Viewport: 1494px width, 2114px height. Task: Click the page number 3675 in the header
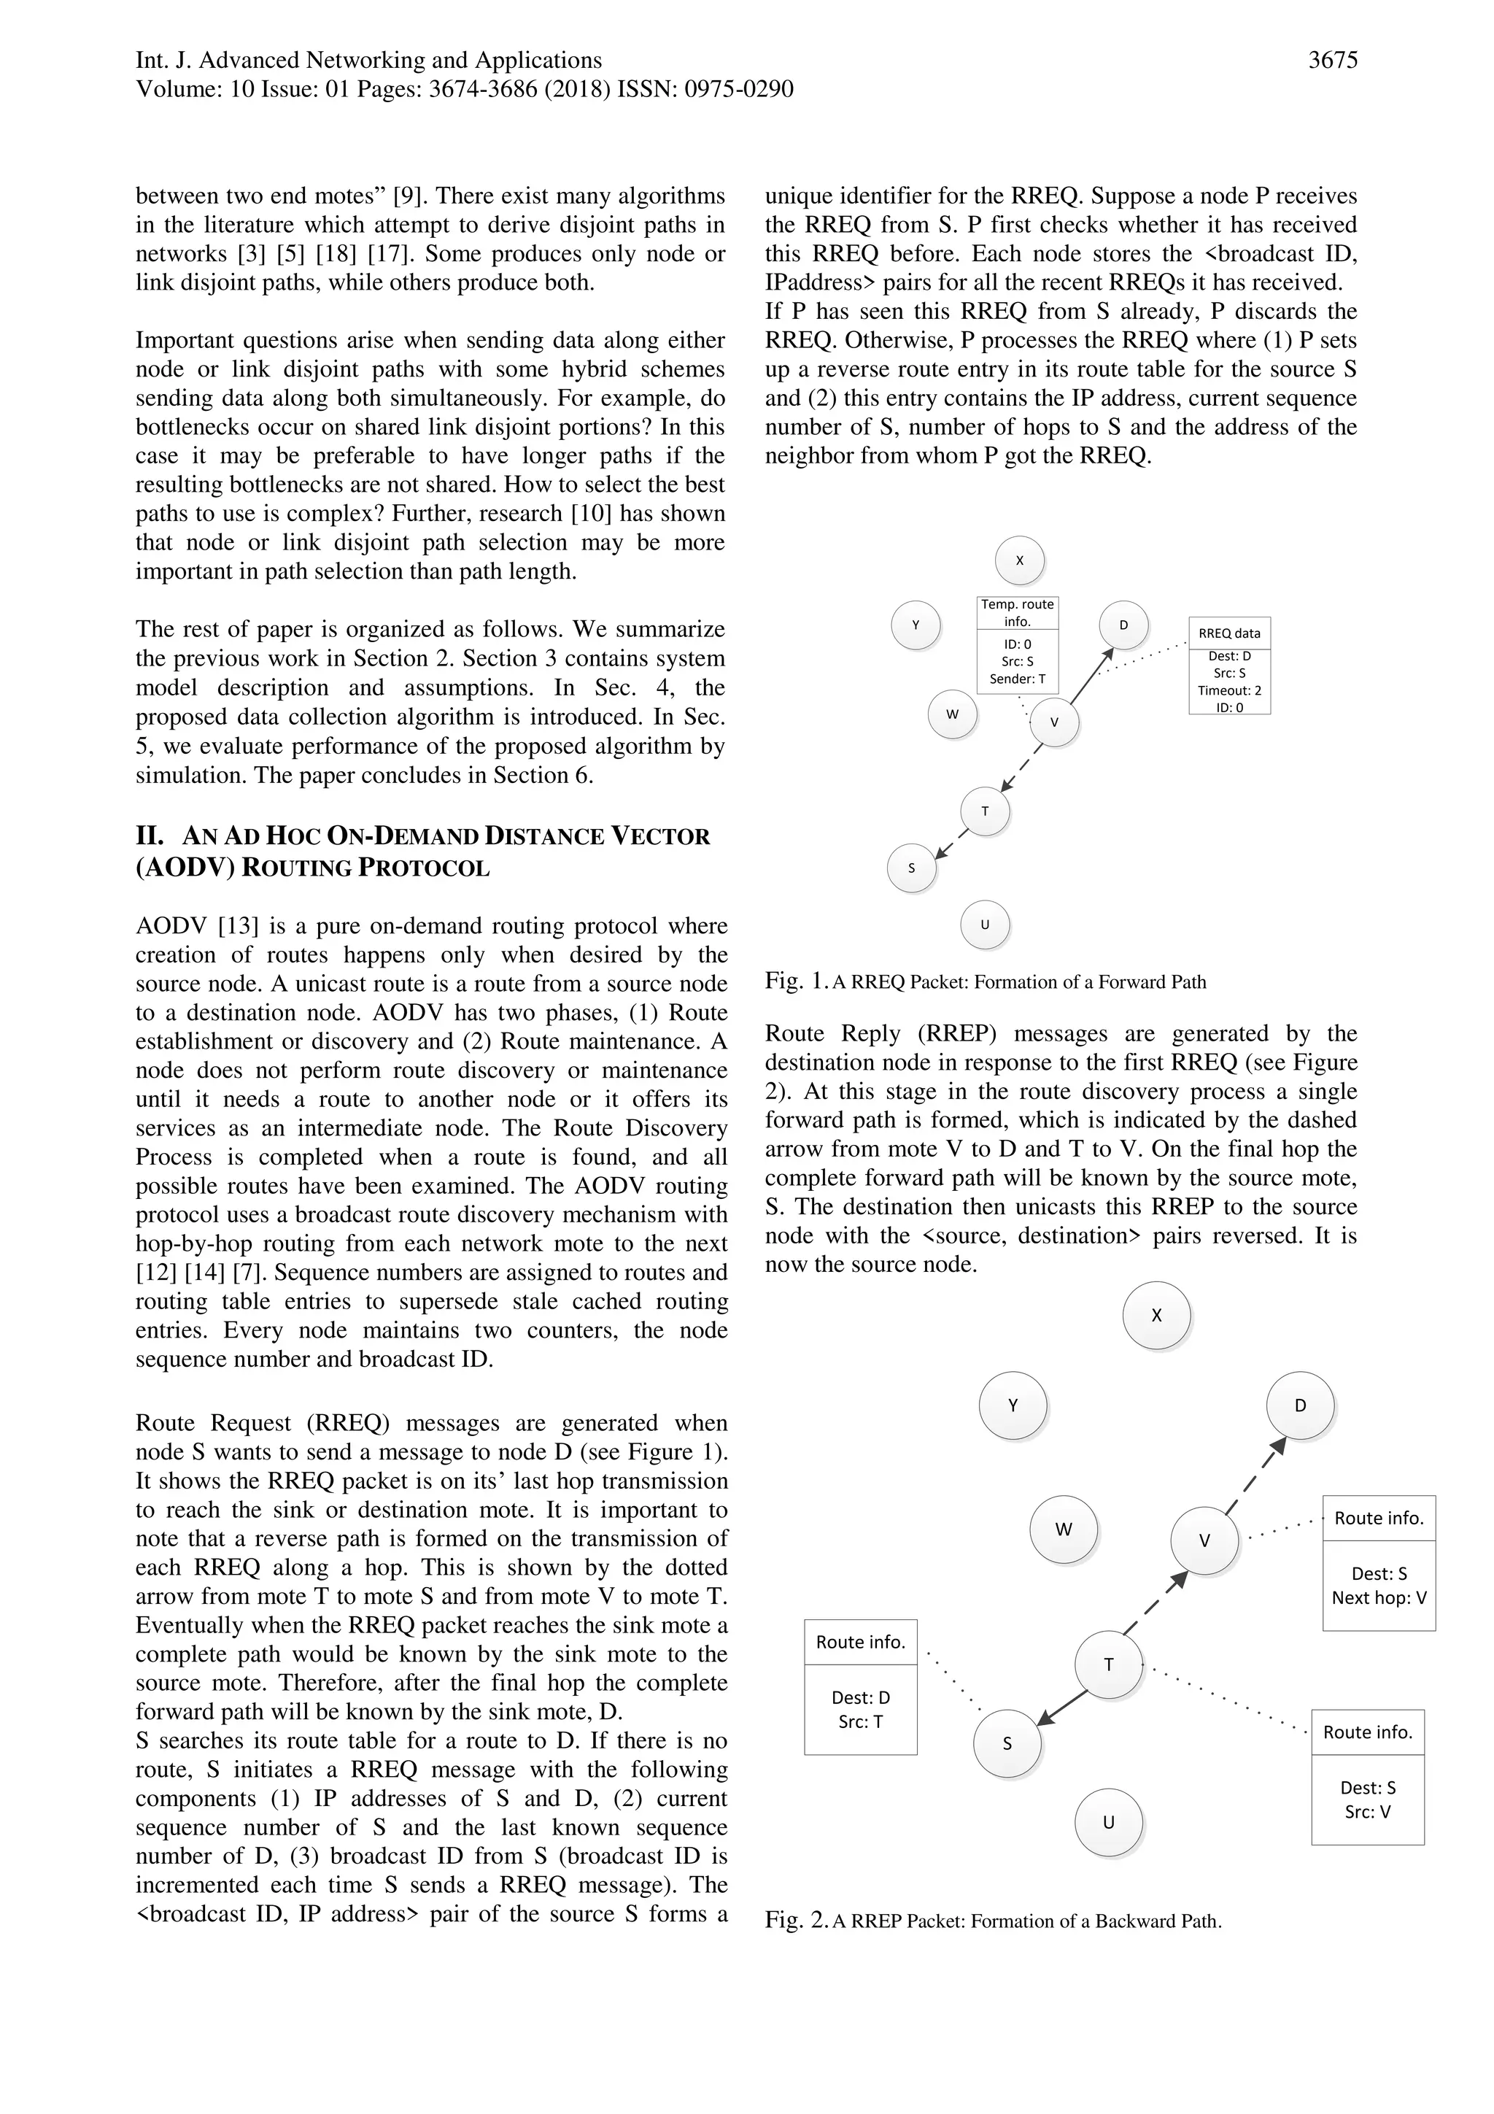(1332, 61)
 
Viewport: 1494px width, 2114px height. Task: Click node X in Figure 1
(1019, 560)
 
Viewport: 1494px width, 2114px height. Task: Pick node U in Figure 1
(984, 924)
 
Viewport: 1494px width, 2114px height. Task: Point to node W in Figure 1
(952, 714)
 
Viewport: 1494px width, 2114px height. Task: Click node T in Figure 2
(1108, 1664)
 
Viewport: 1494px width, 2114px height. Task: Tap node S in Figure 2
(1007, 1743)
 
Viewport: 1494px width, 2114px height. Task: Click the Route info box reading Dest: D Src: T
(860, 1687)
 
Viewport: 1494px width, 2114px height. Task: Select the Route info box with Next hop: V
(1378, 1562)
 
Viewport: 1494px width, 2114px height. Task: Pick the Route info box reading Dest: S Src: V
(1367, 1777)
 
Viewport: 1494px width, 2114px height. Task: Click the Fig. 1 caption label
(795, 981)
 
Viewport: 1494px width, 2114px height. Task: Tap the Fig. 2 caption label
(795, 1921)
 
